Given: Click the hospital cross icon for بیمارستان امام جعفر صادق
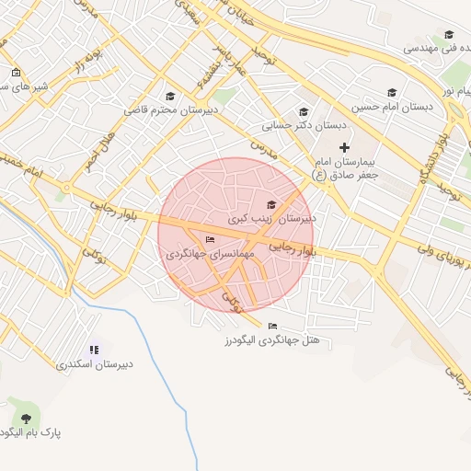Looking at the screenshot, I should [x=344, y=147].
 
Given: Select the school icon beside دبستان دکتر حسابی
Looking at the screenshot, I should [x=304, y=112].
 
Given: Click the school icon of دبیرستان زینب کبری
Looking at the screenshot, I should [x=270, y=204].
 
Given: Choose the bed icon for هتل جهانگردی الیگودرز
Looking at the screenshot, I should [x=271, y=326].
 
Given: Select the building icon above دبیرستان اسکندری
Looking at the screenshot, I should [x=94, y=350].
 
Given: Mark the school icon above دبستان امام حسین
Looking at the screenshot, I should [x=392, y=92].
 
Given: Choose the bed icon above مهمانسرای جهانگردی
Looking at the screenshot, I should [x=210, y=239].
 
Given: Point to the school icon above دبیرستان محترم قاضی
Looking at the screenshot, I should [x=169, y=96].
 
